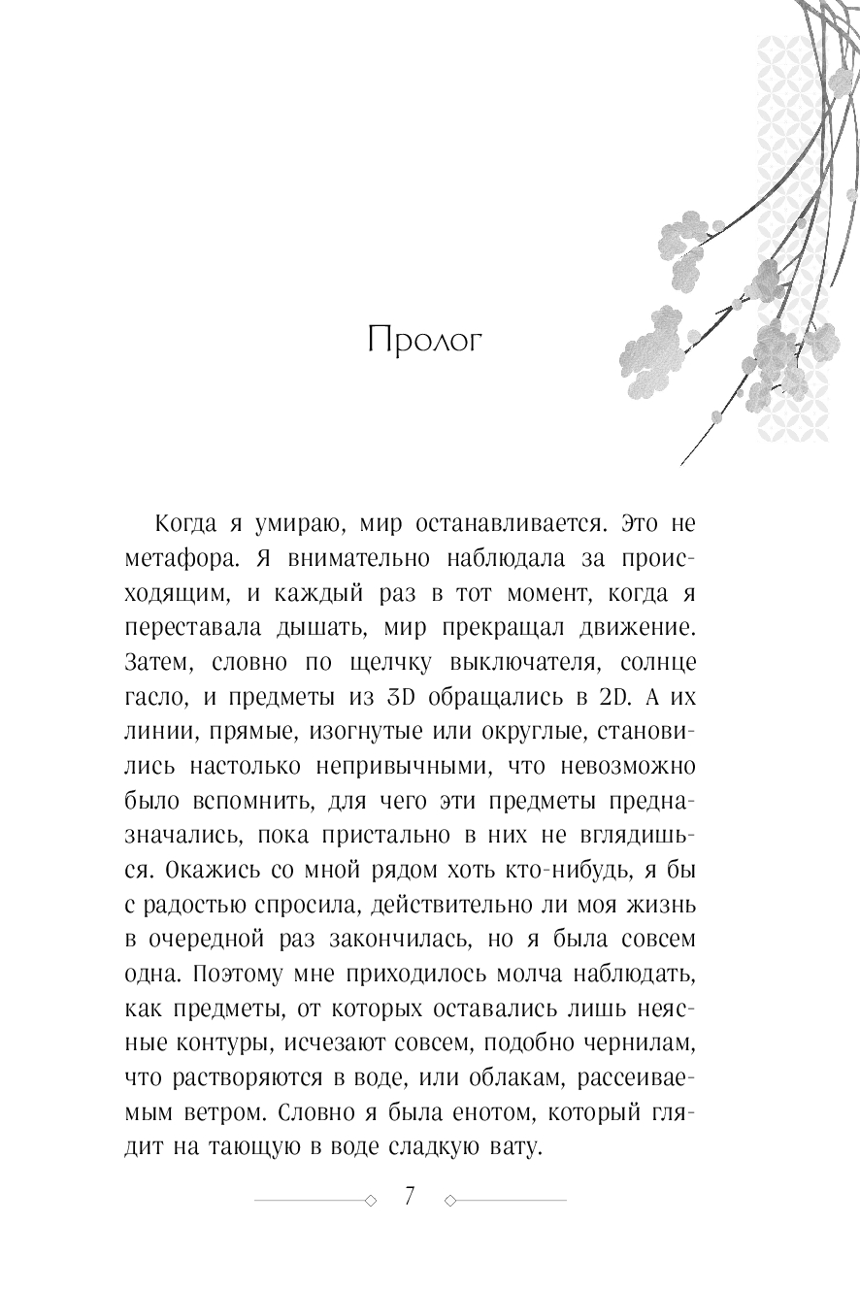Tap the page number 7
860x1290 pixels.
tap(409, 1197)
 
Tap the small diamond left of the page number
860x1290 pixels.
tap(371, 1201)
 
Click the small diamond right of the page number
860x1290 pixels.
tap(448, 1201)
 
